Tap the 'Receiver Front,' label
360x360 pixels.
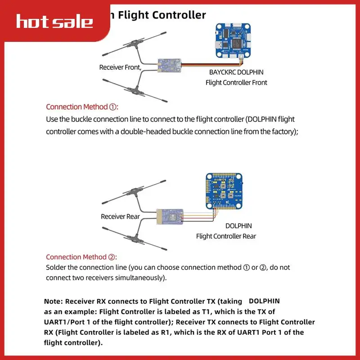click(x=120, y=67)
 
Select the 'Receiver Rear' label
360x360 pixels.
click(x=120, y=216)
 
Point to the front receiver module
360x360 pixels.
click(x=169, y=66)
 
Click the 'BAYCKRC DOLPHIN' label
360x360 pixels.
click(x=236, y=72)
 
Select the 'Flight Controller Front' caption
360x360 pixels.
click(x=236, y=82)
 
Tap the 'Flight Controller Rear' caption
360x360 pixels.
click(x=226, y=236)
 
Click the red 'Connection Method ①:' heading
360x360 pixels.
click(x=81, y=107)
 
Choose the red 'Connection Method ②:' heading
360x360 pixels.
click(x=81, y=257)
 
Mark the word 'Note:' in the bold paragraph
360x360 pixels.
click(x=54, y=301)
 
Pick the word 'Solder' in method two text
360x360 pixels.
click(x=56, y=267)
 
